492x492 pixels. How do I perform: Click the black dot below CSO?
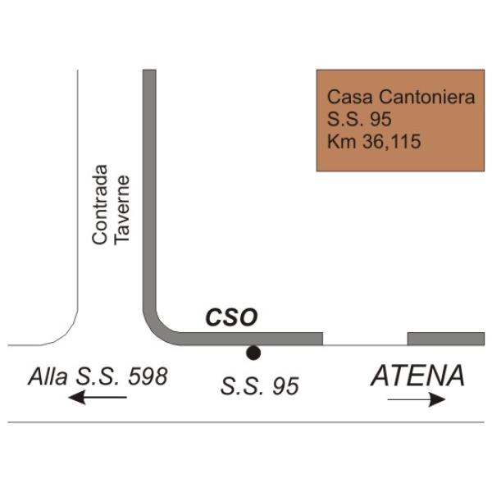253,353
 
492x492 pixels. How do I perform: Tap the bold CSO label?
230,317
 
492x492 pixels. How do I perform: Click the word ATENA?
418,376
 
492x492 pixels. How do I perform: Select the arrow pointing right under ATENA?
417,400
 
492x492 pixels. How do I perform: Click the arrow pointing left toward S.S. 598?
98,399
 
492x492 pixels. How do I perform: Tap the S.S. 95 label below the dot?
259,386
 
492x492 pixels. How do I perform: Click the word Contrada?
100,204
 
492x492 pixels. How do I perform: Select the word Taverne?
122,209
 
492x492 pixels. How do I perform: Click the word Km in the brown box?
339,142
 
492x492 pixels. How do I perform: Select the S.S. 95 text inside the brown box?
359,120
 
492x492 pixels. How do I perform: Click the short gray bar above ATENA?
445,339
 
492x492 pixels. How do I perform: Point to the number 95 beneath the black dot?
285,386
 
